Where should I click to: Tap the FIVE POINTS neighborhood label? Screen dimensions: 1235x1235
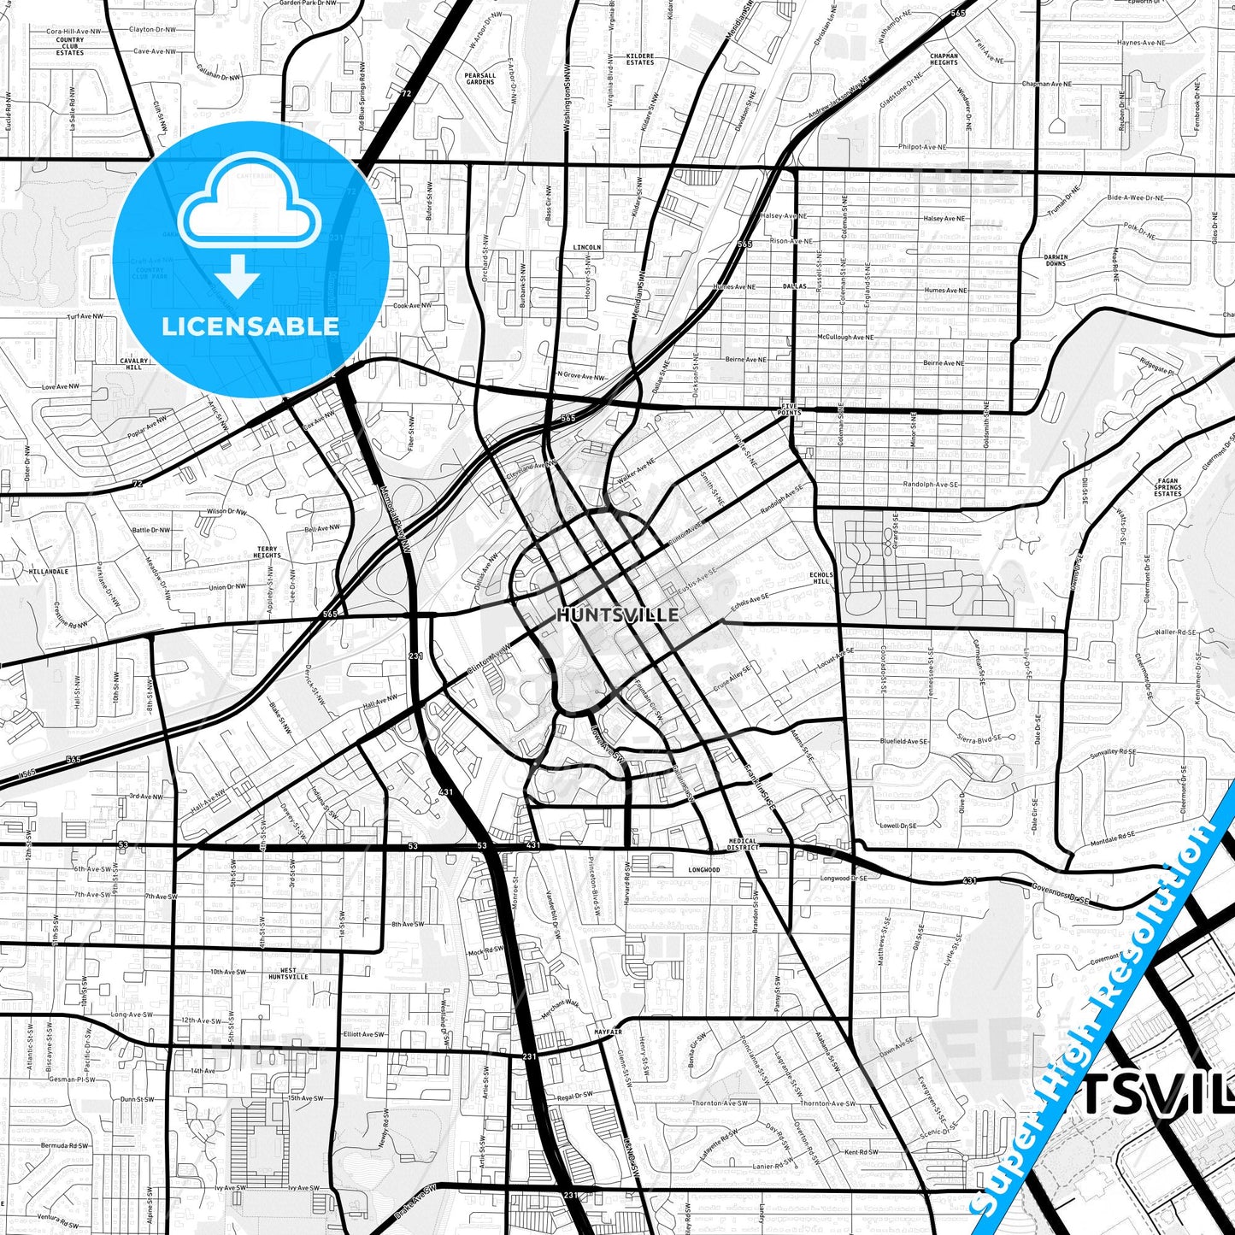tap(790, 409)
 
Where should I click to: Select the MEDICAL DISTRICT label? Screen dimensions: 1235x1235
tap(743, 844)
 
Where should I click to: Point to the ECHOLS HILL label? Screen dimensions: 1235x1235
tap(821, 579)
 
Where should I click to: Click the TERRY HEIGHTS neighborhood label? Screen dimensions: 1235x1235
tap(267, 552)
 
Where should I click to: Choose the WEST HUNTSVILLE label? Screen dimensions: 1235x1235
tap(288, 973)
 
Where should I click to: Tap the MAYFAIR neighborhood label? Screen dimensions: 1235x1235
tap(608, 1032)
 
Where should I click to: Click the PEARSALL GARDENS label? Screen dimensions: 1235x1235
tap(480, 79)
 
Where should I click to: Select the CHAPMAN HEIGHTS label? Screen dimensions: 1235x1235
tap(944, 59)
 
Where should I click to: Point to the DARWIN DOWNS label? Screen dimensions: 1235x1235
tap(1056, 260)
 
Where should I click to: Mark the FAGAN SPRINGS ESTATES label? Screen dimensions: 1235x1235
tap(1167, 487)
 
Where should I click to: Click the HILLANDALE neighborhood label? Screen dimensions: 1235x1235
tap(49, 571)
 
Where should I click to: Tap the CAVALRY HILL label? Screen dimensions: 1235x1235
tap(134, 363)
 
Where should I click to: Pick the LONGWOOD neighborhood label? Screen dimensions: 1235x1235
tap(704, 870)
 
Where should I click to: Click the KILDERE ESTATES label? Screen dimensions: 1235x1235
tap(640, 59)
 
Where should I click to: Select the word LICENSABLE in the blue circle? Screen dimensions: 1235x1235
tap(250, 326)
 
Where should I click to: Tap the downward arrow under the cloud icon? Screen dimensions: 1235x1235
tap(237, 275)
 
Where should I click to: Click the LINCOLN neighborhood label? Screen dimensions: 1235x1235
tap(587, 247)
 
